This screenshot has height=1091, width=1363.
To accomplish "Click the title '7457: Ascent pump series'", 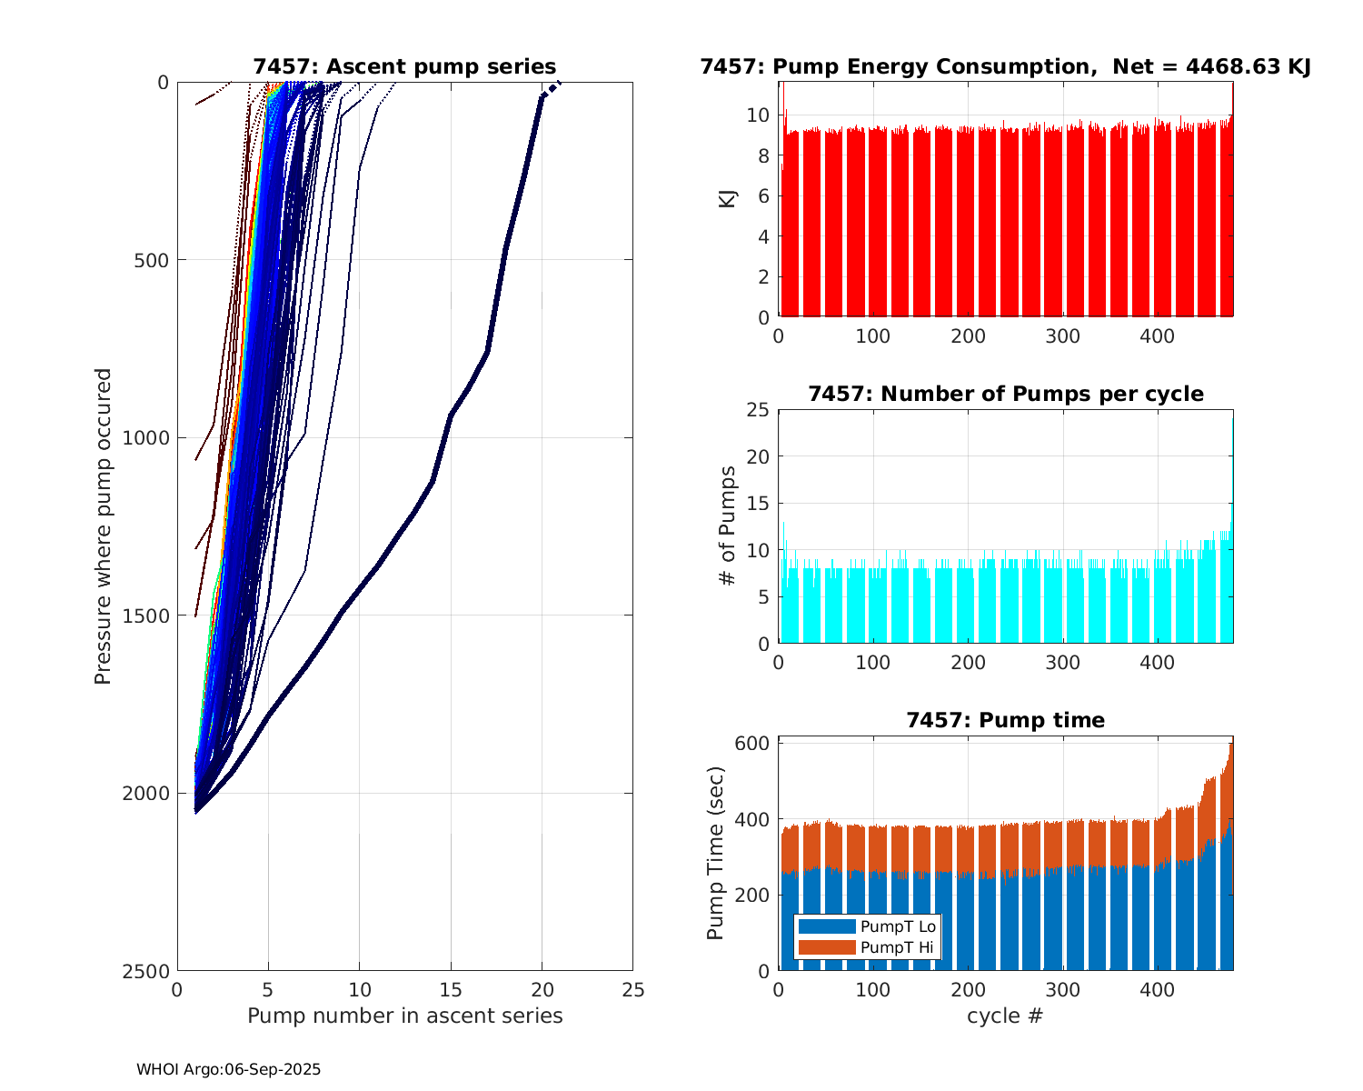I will [x=404, y=66].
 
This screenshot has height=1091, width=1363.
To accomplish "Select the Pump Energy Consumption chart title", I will [x=1005, y=66].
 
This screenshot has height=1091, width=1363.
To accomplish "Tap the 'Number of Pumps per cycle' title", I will [x=1005, y=394].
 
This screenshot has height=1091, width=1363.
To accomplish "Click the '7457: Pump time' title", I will [x=1005, y=720].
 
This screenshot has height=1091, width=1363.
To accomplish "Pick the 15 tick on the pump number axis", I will [x=451, y=989].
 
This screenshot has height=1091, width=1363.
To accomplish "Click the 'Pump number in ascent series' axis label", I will [x=404, y=1016].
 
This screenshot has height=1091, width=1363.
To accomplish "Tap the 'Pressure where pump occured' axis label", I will [x=103, y=526].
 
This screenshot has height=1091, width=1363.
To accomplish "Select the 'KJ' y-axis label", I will [x=727, y=199].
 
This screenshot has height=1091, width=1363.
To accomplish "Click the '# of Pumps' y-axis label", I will [x=727, y=526].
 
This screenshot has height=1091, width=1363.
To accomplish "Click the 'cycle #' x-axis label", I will [x=1005, y=1016].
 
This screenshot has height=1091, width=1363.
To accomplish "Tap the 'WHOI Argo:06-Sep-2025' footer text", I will [x=228, y=1070].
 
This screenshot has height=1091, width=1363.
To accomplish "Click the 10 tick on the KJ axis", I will [x=759, y=115].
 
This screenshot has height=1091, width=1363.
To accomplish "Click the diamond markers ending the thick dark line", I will [x=550, y=89].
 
